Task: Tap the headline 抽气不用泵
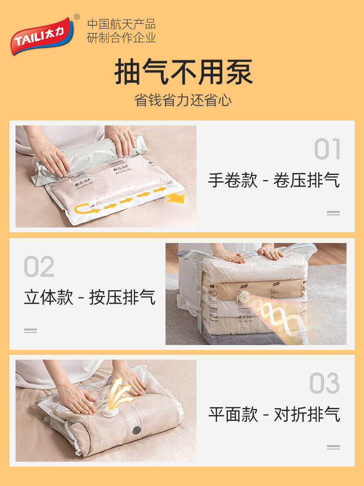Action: click(x=183, y=72)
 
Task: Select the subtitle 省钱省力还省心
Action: click(x=183, y=101)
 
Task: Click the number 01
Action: click(x=328, y=149)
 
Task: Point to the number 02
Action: click(x=39, y=267)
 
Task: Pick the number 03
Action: click(x=325, y=383)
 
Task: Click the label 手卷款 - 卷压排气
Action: click(x=274, y=180)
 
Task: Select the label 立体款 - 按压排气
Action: click(x=90, y=297)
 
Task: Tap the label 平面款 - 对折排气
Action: click(x=274, y=415)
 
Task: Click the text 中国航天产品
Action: click(x=121, y=24)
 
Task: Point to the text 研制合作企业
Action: click(x=121, y=38)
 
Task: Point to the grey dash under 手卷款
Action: click(x=333, y=212)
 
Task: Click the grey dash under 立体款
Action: click(x=31, y=330)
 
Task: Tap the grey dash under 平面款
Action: click(x=333, y=447)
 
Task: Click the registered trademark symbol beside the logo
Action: click(x=76, y=18)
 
